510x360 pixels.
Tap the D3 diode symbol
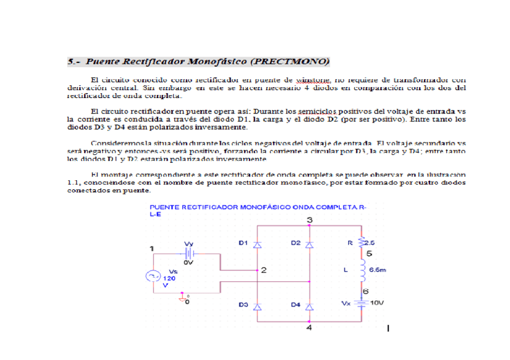point(257,306)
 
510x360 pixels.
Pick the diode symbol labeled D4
point(309,306)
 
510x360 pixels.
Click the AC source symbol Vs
point(153,276)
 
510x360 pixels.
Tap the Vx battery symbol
point(361,303)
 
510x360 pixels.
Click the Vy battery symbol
point(188,253)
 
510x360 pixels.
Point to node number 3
point(309,220)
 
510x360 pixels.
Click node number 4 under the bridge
point(309,328)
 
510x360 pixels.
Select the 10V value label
point(377,303)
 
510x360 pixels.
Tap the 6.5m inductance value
point(377,270)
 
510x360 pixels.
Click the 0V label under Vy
point(188,263)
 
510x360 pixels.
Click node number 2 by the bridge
point(264,270)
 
